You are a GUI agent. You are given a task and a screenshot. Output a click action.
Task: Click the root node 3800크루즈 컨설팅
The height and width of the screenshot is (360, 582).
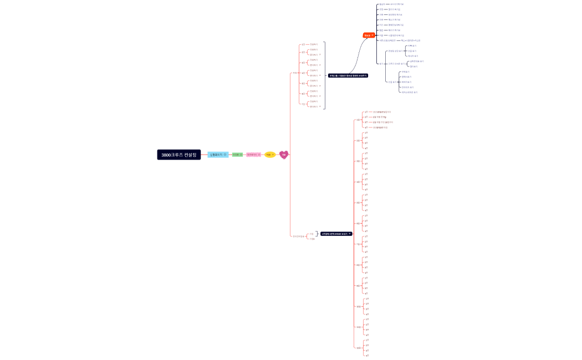click(178, 155)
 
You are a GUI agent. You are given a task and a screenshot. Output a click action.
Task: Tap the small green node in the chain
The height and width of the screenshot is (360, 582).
click(237, 155)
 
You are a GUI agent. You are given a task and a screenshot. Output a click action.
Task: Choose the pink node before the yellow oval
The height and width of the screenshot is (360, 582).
click(253, 155)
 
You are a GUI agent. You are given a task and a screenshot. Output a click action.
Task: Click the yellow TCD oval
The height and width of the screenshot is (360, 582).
click(269, 155)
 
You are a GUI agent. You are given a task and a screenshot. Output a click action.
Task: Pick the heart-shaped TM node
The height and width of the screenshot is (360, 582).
click(284, 155)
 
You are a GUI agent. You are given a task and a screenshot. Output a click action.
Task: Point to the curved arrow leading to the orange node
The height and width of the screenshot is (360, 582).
click(358, 55)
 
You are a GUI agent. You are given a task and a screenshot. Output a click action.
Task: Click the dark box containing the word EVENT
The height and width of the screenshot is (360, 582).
click(336, 234)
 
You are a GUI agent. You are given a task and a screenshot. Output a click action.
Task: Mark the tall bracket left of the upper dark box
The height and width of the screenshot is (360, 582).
click(324, 75)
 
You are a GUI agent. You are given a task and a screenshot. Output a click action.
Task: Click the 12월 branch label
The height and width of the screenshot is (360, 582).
click(358, 348)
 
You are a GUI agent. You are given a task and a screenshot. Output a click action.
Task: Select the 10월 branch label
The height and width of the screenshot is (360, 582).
click(358, 306)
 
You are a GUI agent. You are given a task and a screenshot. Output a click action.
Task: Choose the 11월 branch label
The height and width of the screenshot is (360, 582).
click(358, 327)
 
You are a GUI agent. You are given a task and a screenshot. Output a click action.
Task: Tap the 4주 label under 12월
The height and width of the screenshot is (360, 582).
click(366, 356)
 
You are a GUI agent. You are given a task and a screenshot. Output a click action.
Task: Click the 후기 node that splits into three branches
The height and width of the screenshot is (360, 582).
click(380, 64)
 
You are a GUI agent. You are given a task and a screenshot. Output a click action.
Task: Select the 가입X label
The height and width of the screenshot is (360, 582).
click(312, 239)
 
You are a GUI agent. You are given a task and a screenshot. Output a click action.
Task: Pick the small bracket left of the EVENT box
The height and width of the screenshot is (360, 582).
click(316, 234)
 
